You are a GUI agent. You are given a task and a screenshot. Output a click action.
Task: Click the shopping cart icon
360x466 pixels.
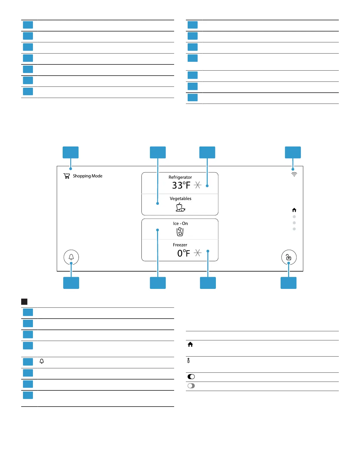click(x=67, y=176)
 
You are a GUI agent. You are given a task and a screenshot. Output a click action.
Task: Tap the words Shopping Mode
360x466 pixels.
click(x=88, y=176)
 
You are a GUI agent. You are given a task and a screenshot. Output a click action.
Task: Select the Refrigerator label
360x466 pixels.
click(x=180, y=177)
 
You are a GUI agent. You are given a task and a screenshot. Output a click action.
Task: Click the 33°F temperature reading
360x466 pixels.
click(x=181, y=185)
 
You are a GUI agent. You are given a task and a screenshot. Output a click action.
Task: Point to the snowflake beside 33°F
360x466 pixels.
click(x=198, y=185)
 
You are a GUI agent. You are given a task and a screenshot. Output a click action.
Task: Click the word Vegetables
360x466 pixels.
click(x=180, y=199)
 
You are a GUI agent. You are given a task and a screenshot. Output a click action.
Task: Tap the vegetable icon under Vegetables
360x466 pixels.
click(x=180, y=207)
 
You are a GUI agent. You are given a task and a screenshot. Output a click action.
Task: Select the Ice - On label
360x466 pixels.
click(x=180, y=224)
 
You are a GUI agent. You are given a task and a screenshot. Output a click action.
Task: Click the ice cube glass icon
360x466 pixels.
click(x=180, y=232)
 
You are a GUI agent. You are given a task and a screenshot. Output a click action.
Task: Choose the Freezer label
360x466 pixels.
click(x=180, y=245)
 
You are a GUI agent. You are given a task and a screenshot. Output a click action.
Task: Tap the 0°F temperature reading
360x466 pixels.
click(x=184, y=253)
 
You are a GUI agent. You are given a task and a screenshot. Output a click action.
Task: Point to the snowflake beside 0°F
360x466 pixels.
click(x=198, y=253)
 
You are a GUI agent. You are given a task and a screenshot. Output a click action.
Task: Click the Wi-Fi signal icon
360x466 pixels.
click(x=294, y=174)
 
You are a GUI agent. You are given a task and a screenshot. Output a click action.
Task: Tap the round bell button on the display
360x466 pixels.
click(x=71, y=257)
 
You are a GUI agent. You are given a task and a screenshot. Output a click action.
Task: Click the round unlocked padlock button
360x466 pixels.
click(x=289, y=257)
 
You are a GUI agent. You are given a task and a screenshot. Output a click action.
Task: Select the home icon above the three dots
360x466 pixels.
click(x=294, y=210)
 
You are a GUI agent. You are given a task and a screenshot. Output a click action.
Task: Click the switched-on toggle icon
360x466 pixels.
click(x=191, y=377)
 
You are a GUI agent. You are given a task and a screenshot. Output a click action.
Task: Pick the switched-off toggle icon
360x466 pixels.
click(x=191, y=386)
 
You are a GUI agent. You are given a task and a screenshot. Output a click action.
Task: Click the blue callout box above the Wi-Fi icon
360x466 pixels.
click(x=293, y=152)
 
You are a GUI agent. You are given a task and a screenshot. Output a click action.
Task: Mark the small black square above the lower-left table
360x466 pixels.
click(x=24, y=302)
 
